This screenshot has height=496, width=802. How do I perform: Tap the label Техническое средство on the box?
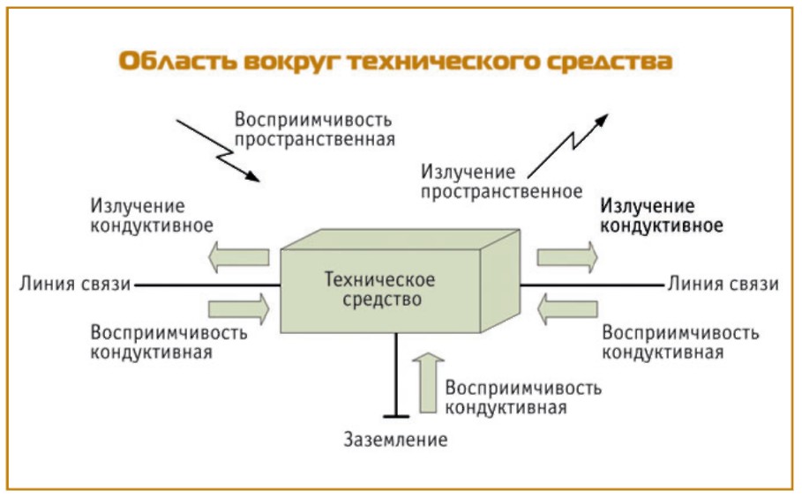(379, 289)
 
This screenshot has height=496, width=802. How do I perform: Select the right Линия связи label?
(723, 284)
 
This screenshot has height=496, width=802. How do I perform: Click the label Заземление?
(396, 439)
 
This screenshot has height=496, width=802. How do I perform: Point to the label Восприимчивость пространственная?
(313, 129)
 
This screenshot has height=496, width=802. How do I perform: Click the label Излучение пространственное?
(501, 181)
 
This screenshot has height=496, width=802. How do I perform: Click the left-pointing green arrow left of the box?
(239, 257)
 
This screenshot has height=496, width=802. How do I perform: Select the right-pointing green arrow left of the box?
(239, 308)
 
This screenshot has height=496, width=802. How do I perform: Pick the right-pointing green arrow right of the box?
(567, 257)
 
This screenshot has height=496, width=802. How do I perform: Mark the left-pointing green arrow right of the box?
(567, 308)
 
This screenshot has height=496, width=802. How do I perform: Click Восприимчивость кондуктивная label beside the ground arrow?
(524, 397)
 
